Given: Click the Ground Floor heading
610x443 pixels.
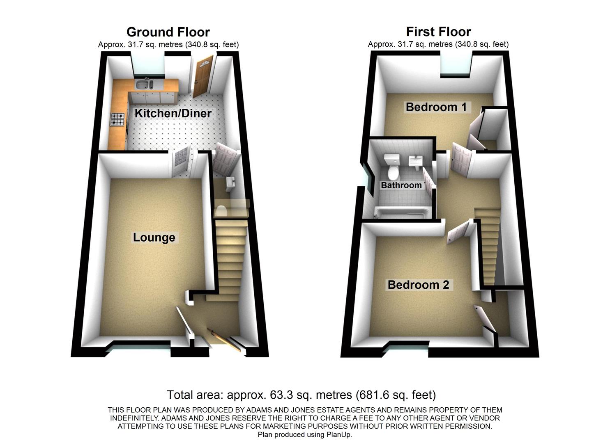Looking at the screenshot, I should click(x=168, y=32).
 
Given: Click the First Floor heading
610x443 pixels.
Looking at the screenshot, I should click(x=438, y=32).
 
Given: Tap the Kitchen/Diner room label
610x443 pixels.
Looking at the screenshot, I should click(x=173, y=113).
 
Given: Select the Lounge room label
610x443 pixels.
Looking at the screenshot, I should click(x=154, y=237).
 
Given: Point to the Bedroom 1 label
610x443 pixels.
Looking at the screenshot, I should click(x=436, y=107).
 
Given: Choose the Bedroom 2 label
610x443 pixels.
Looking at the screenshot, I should click(x=418, y=285).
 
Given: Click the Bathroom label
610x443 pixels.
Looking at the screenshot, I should click(x=401, y=185).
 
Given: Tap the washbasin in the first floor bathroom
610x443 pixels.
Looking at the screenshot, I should click(x=416, y=161).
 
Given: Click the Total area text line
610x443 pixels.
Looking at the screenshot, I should click(x=301, y=395).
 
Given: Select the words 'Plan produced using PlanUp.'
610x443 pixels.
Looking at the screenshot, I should click(x=305, y=435).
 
